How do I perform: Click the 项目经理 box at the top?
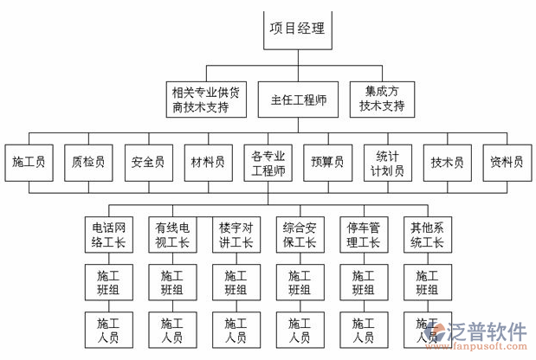[297, 29]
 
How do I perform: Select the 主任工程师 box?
[297, 100]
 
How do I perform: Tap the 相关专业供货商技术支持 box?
[206, 100]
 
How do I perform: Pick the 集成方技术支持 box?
[382, 100]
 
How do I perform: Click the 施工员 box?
[29, 161]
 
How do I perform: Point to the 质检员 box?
[89, 161]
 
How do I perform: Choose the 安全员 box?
[148, 161]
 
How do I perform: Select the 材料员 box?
[208, 161]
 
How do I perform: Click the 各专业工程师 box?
[268, 162]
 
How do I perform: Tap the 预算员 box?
[327, 161]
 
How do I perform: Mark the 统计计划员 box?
[387, 162]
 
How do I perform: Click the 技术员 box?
[447, 161]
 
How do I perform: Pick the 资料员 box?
[507, 161]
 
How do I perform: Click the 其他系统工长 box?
[427, 235]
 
